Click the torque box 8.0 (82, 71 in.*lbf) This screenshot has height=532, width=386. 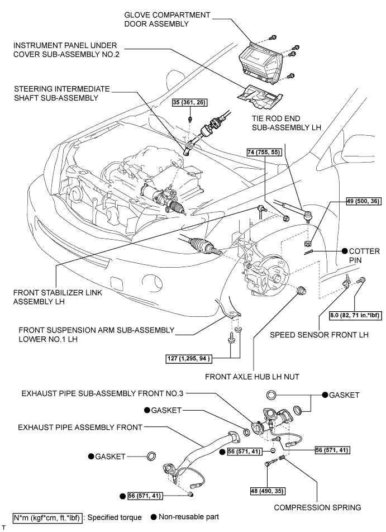pos(349,316)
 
